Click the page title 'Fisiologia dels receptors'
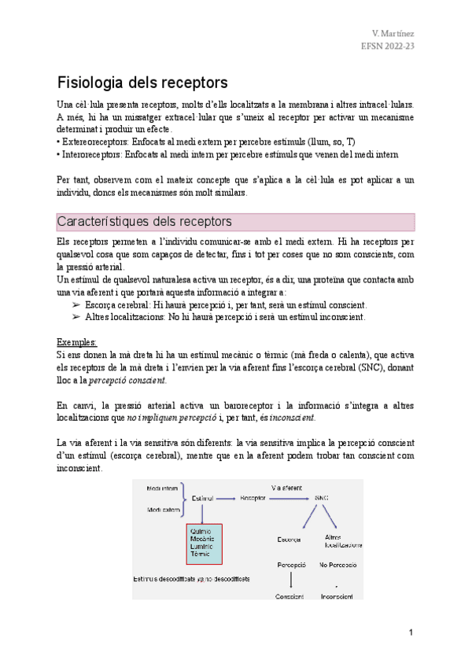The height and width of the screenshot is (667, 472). [142, 82]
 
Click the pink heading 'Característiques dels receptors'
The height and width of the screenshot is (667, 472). [144, 221]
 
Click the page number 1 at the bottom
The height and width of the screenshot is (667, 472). [411, 633]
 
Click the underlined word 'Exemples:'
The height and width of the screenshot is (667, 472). [78, 342]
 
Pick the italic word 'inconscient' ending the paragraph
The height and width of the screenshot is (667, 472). [292, 417]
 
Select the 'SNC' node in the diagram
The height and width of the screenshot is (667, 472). [321, 498]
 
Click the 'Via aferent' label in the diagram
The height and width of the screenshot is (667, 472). [286, 487]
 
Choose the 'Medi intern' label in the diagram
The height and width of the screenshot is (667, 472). [163, 488]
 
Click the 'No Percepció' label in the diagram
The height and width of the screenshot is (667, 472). [337, 566]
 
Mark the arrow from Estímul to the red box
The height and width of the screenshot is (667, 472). [203, 513]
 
